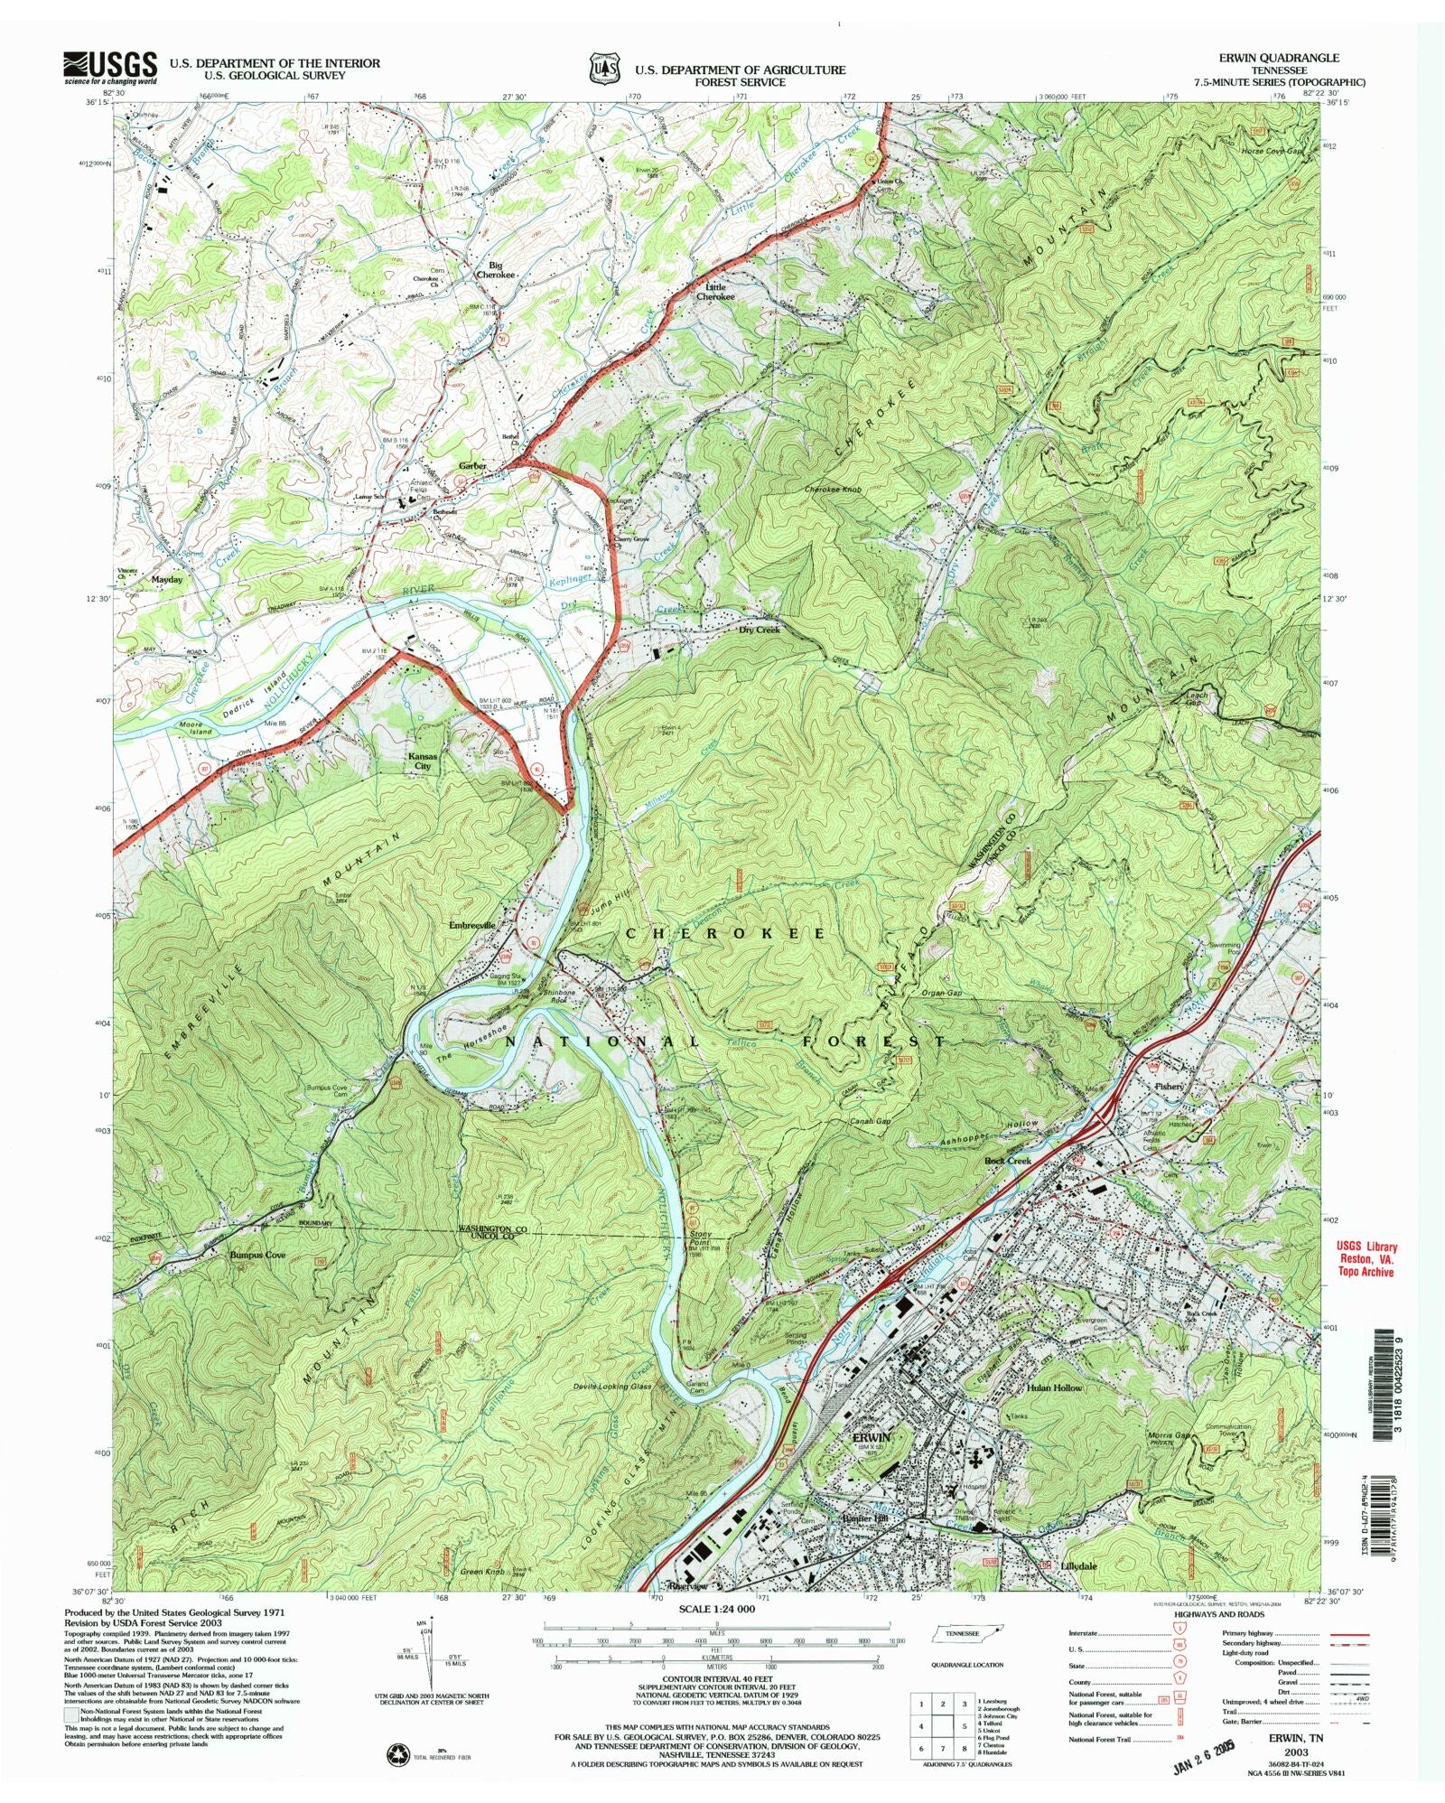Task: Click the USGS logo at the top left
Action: coord(108,67)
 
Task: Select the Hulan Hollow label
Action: coord(1054,1387)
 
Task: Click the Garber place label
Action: coord(472,466)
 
